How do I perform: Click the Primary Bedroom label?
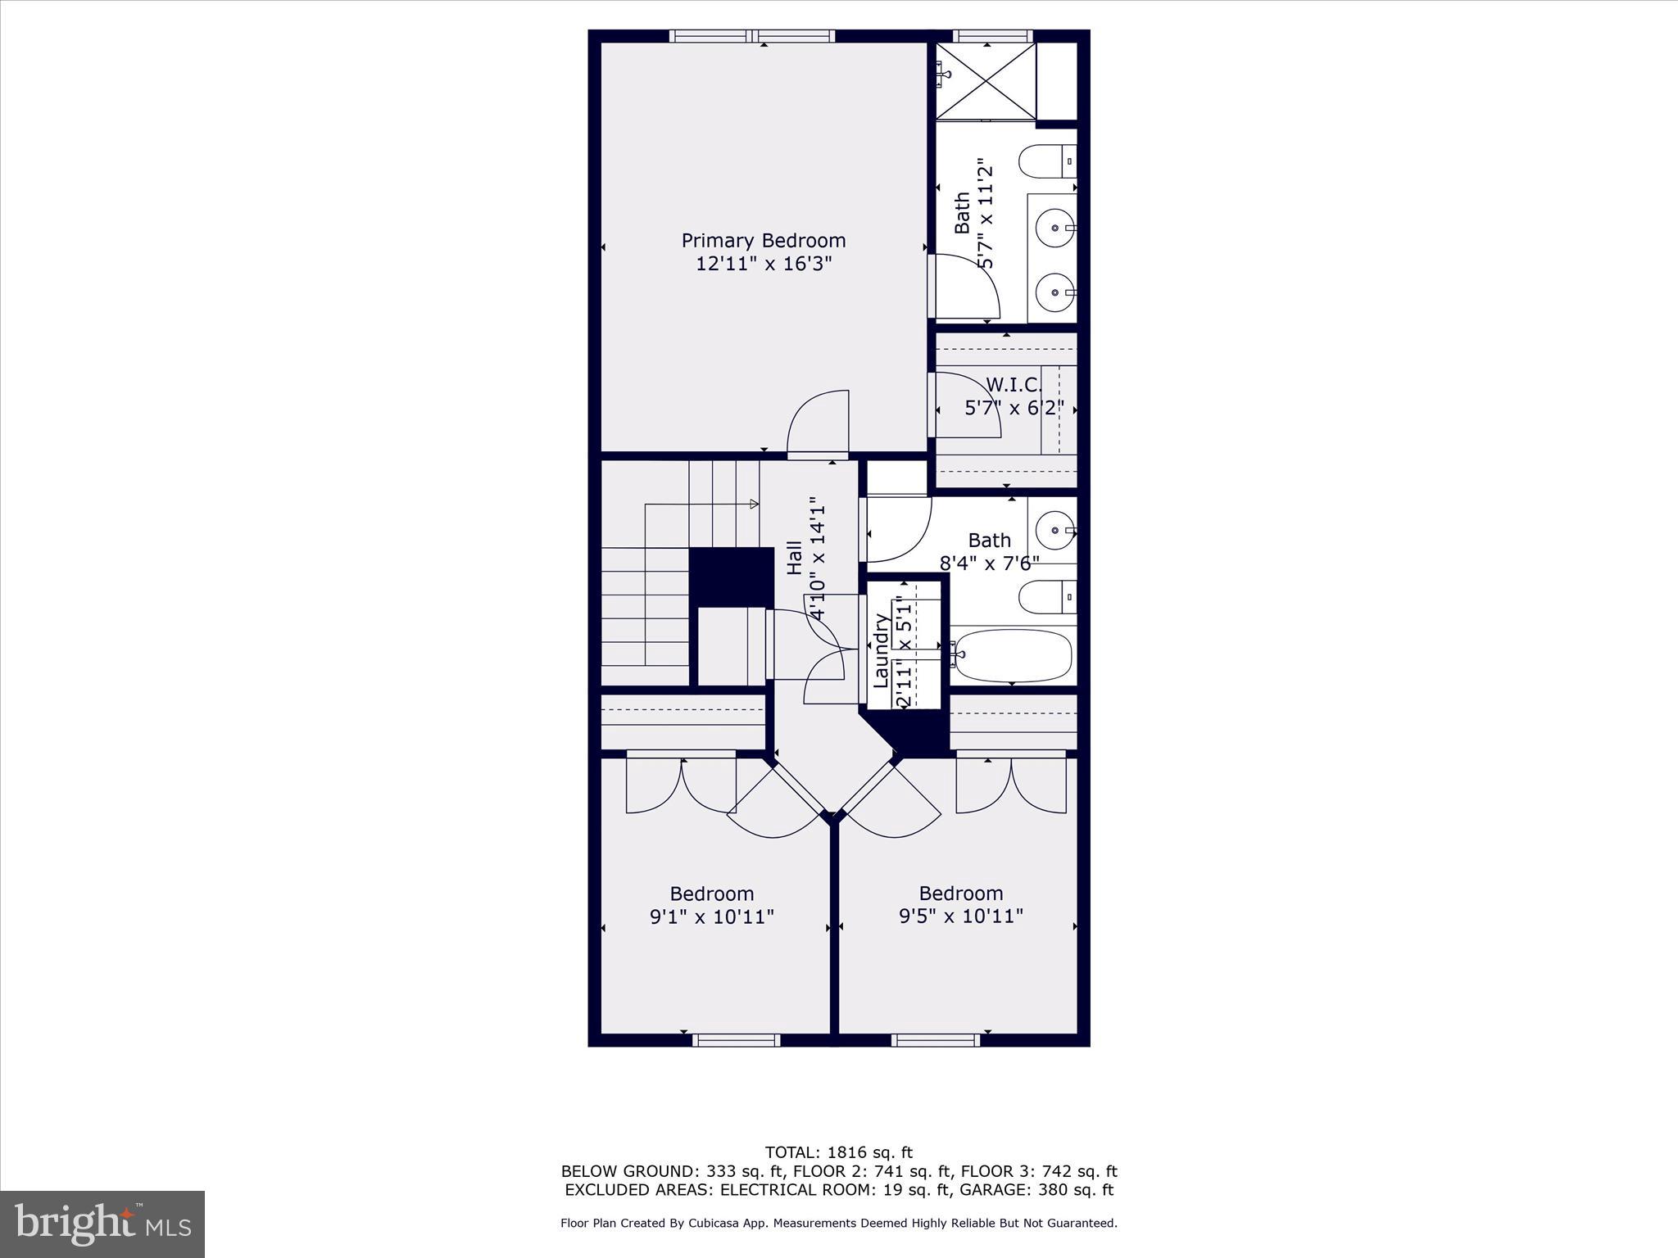pyautogui.click(x=763, y=241)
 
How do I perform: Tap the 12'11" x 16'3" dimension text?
pyautogui.click(x=763, y=264)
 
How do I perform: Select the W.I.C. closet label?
pyautogui.click(x=1014, y=385)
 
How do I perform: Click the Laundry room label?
pyautogui.click(x=881, y=651)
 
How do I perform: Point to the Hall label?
pyautogui.click(x=795, y=557)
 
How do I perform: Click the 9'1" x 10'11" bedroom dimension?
pyautogui.click(x=711, y=916)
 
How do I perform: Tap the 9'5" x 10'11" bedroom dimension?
pyautogui.click(x=960, y=916)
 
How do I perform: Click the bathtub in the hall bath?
pyautogui.click(x=1013, y=655)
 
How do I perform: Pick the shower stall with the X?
pyautogui.click(x=986, y=80)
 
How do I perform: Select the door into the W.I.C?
pyautogui.click(x=967, y=405)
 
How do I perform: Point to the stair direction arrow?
pyautogui.click(x=754, y=504)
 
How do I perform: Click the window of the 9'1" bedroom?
pyautogui.click(x=736, y=1040)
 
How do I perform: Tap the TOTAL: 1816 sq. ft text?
pyautogui.click(x=838, y=1153)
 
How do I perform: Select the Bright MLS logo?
pyautogui.click(x=102, y=1224)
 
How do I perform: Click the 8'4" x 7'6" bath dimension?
pyautogui.click(x=989, y=563)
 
